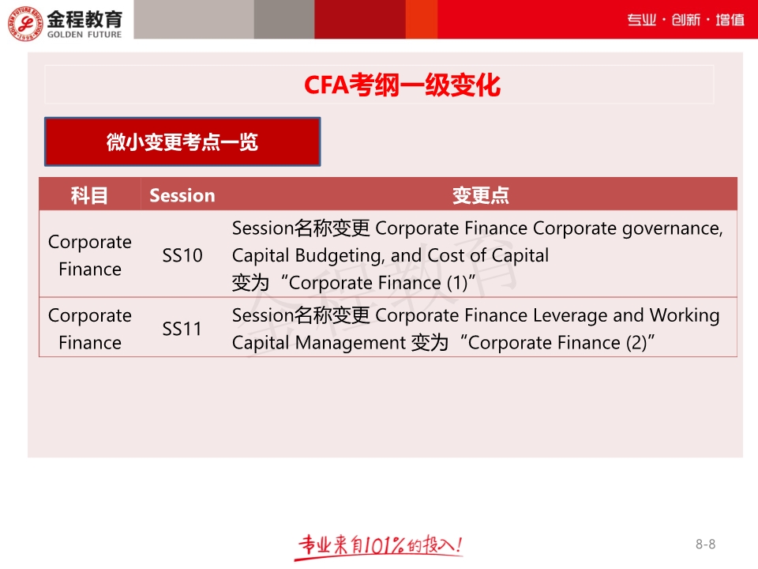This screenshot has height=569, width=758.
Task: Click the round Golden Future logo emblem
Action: pyautogui.click(x=25, y=23)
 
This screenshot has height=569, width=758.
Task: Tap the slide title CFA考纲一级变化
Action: pyautogui.click(x=402, y=85)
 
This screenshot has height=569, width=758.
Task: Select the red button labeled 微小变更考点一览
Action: pyautogui.click(x=182, y=141)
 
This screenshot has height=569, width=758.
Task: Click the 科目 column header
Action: pyautogui.click(x=89, y=195)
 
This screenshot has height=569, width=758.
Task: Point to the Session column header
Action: pyautogui.click(x=182, y=195)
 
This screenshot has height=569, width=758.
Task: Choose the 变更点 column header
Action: pyautogui.click(x=481, y=195)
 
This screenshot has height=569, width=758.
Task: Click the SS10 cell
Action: pyautogui.click(x=182, y=255)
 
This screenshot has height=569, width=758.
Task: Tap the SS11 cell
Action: pyautogui.click(x=182, y=329)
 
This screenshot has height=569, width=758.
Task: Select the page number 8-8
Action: pyautogui.click(x=705, y=545)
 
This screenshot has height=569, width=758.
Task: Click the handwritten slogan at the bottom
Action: pyautogui.click(x=380, y=546)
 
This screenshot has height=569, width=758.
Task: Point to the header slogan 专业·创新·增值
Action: pyautogui.click(x=685, y=20)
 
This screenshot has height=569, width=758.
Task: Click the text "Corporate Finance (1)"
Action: pyautogui.click(x=378, y=283)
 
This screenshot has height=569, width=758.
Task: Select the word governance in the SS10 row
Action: pyautogui.click(x=672, y=229)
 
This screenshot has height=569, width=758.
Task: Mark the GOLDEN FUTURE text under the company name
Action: pyautogui.click(x=84, y=35)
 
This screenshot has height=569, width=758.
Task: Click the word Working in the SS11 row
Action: pyautogui.click(x=685, y=316)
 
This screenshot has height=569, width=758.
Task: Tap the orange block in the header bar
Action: pyautogui.click(x=422, y=19)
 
